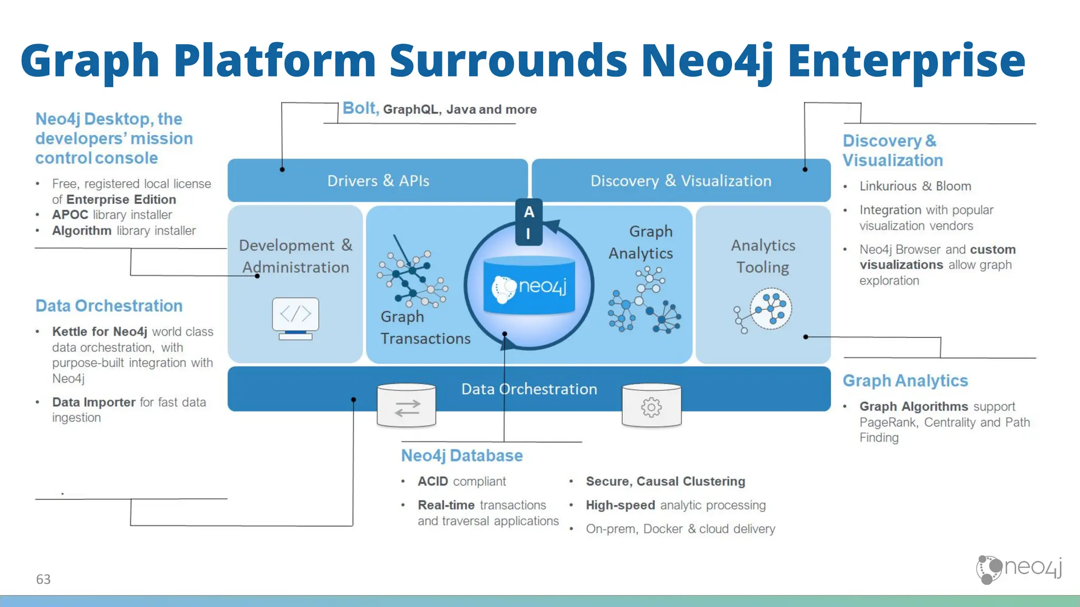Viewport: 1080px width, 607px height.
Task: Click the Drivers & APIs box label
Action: (378, 181)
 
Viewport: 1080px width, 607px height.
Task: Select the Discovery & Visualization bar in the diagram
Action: (680, 181)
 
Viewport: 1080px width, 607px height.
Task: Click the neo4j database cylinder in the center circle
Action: (529, 286)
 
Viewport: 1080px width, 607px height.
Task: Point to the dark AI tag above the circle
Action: (529, 222)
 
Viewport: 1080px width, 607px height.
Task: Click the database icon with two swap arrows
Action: (407, 406)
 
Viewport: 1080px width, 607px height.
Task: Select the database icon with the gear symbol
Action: (651, 406)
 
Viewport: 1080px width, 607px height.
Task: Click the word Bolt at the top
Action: (360, 108)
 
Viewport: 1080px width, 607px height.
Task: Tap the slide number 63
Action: (43, 579)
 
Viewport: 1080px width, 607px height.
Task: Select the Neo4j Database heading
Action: (462, 455)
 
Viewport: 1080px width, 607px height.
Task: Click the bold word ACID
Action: (432, 481)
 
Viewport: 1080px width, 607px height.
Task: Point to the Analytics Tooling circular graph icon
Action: (770, 309)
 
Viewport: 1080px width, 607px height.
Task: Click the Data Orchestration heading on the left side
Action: (109, 306)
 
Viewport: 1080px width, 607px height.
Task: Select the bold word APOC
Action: (70, 215)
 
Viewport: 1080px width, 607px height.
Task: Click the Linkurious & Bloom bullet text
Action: (915, 186)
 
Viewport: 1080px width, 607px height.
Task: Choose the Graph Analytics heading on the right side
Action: (905, 380)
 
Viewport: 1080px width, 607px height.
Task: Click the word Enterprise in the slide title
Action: (906, 61)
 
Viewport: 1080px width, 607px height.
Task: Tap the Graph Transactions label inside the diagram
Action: (425, 327)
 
